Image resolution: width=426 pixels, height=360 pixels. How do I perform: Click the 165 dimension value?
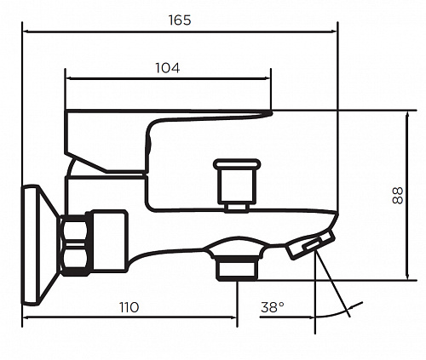tap(180, 20)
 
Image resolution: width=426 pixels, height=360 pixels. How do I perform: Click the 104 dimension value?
tap(167, 68)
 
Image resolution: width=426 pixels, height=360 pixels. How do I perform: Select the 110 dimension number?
tap(129, 307)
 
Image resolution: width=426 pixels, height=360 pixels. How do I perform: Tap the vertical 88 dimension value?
tap(398, 195)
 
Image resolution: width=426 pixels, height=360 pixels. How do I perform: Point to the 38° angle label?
tap(273, 307)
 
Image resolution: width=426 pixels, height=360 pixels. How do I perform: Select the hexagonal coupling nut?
tap(75, 245)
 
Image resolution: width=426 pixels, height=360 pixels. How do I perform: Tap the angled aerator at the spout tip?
tap(311, 244)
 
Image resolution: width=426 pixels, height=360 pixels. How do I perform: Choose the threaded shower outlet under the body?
tap(236, 269)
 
